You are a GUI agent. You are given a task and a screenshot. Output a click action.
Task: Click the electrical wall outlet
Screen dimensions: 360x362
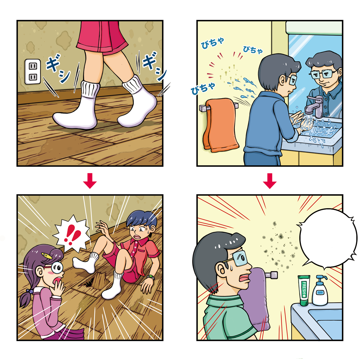pos(33,72)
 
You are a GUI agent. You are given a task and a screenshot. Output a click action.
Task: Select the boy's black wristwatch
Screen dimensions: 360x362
pos(151,277)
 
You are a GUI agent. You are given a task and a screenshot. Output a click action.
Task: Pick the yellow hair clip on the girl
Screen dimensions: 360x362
pos(46,256)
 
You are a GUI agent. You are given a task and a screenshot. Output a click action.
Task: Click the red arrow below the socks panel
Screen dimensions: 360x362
pos(90,181)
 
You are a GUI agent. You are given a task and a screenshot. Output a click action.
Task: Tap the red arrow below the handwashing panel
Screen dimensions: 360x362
pos(269,181)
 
